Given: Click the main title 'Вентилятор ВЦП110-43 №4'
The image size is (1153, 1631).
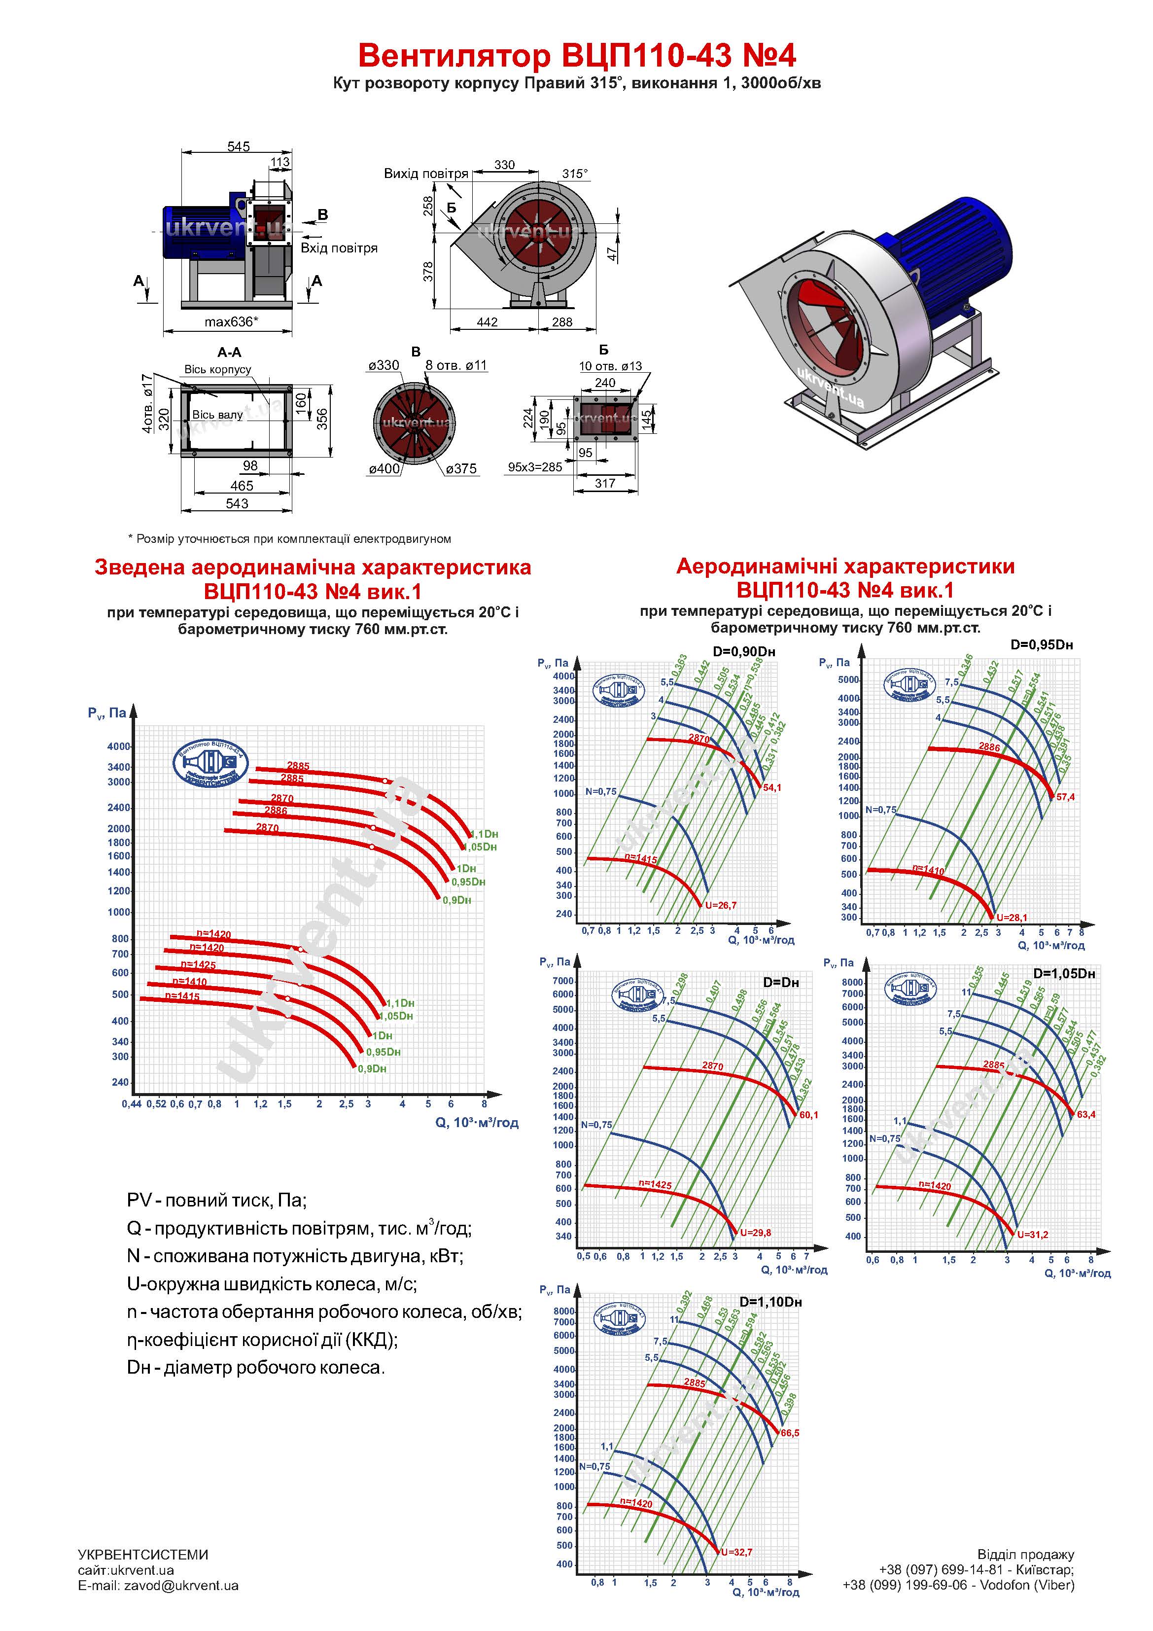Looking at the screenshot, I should click(x=576, y=55).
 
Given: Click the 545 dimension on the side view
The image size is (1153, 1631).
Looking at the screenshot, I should click(x=238, y=146).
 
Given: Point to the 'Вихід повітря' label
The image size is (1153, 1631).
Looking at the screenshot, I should click(x=426, y=174).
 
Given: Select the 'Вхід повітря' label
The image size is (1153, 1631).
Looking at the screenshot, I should click(x=339, y=248).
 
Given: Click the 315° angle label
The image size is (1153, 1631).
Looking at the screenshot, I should click(x=575, y=174).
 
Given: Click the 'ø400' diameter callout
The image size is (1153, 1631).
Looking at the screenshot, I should click(x=384, y=469).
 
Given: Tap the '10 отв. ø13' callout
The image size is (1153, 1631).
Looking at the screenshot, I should click(x=610, y=366).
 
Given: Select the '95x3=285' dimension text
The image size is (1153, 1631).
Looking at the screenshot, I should click(x=535, y=467).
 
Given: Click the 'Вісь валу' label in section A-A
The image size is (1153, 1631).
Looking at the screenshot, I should click(x=217, y=415).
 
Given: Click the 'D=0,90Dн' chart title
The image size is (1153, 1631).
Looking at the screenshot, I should click(x=744, y=651).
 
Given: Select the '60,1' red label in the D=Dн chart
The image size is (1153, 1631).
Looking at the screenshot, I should click(x=808, y=1115).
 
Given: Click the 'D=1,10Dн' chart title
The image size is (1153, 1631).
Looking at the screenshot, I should click(x=771, y=1302).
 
